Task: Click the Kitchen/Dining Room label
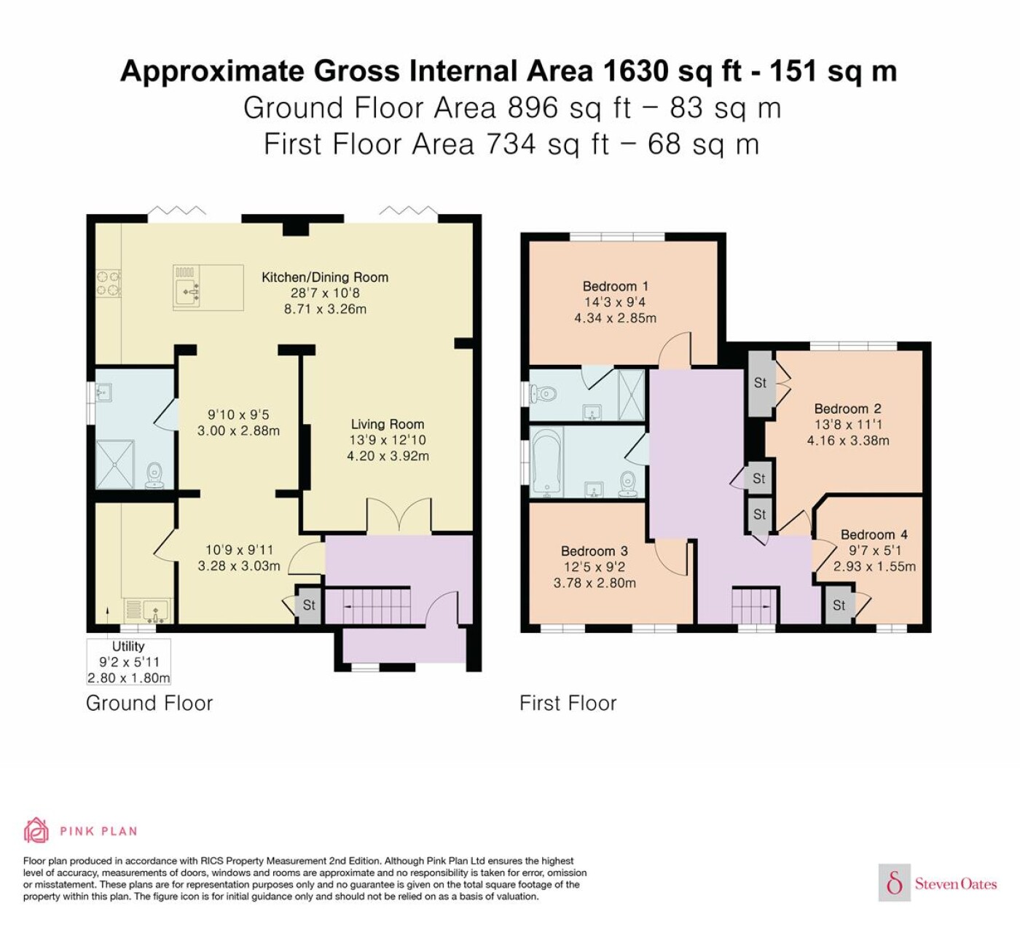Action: click(x=325, y=277)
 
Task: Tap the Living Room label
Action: click(x=388, y=424)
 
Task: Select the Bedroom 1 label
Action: click(x=615, y=286)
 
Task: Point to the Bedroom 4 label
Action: click(x=874, y=535)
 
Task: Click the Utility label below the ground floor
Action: click(x=128, y=646)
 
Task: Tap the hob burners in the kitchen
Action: click(x=109, y=284)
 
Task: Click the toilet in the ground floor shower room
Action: click(x=154, y=476)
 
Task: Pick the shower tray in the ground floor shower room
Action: click(x=115, y=465)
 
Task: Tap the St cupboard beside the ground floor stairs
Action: click(x=309, y=605)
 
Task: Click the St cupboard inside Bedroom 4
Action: click(x=839, y=605)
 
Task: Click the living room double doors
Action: click(x=399, y=516)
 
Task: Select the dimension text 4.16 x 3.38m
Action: click(x=848, y=441)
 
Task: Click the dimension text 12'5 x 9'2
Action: click(x=595, y=567)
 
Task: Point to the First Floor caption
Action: click(x=568, y=704)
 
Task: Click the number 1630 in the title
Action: click(x=635, y=71)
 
